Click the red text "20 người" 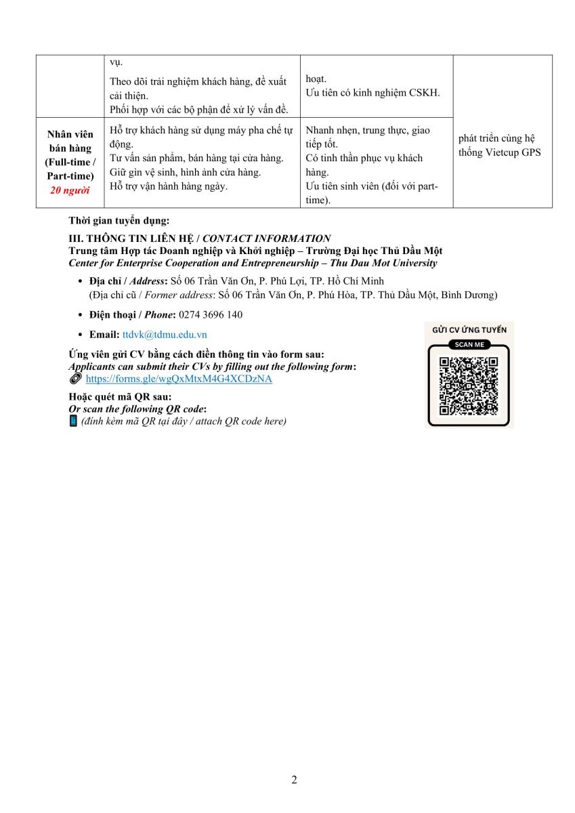click(x=70, y=190)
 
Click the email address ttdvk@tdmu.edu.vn click(x=165, y=335)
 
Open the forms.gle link click(x=179, y=379)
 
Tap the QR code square click(x=469, y=385)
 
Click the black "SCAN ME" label click(x=469, y=344)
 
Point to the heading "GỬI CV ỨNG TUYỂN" click(x=469, y=330)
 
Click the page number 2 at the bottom click(x=294, y=779)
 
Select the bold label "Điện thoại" click(x=112, y=314)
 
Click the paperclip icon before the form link click(x=74, y=379)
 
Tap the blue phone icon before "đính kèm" click(x=73, y=421)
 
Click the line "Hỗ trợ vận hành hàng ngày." click(x=169, y=186)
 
